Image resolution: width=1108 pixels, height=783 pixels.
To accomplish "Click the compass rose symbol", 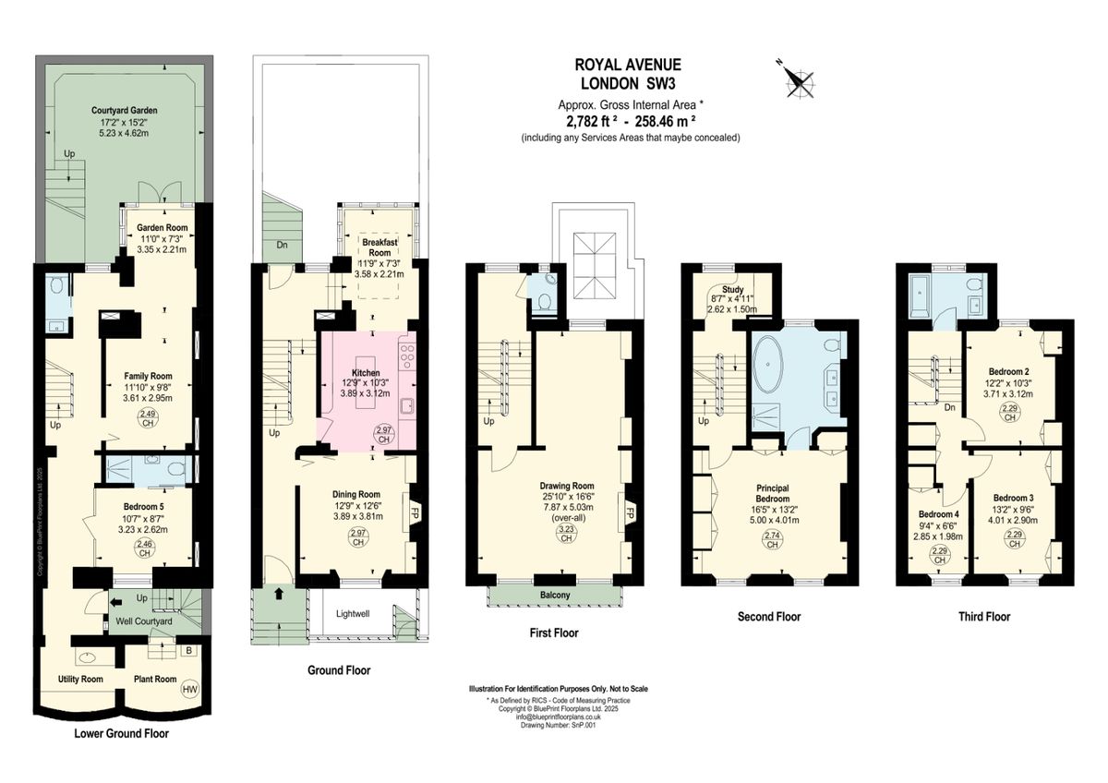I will tap(797, 79).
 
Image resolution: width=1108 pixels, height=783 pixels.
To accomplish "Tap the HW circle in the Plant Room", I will tap(190, 689).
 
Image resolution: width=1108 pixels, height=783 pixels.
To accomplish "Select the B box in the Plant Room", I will tap(189, 651).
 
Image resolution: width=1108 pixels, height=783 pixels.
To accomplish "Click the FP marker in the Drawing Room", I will tap(632, 512).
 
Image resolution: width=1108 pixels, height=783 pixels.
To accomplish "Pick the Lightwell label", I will tap(355, 613).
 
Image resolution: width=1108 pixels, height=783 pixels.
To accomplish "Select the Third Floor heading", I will tap(981, 617).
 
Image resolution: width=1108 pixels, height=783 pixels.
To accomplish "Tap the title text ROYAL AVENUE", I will tap(628, 65).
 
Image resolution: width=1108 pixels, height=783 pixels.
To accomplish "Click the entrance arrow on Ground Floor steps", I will tap(278, 595).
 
